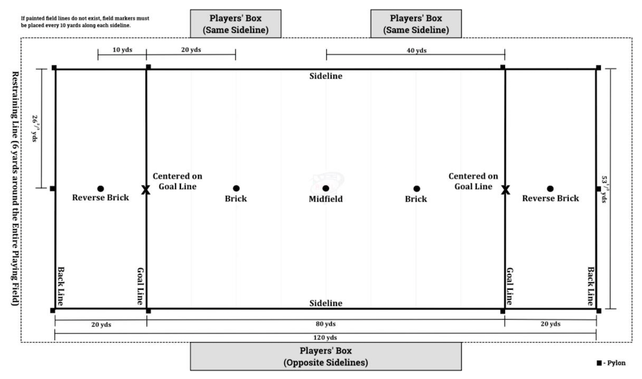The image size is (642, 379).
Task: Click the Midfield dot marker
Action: click(326, 188)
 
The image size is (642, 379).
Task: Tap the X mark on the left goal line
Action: click(146, 190)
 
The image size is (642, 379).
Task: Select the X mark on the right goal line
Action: click(505, 190)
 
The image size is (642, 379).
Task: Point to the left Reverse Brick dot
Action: click(101, 189)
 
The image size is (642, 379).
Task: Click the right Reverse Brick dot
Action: click(550, 189)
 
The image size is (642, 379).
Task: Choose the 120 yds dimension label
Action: click(325, 337)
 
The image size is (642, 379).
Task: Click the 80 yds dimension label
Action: click(326, 324)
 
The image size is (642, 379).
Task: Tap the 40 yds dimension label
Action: click(416, 50)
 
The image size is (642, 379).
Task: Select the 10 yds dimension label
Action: click(123, 50)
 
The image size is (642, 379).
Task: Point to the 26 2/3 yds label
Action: click(35, 129)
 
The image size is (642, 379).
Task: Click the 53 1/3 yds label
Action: click(605, 189)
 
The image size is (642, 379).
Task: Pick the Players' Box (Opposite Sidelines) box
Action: click(326, 357)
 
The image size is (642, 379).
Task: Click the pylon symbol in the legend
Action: click(599, 363)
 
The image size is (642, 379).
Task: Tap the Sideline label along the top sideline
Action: click(326, 76)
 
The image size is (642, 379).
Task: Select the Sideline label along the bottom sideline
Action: click(326, 303)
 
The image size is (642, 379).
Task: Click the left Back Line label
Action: click(61, 286)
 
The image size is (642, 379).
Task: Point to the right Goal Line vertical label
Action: click(509, 286)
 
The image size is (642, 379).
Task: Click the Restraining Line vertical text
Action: click(15, 189)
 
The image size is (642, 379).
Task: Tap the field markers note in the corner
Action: click(85, 22)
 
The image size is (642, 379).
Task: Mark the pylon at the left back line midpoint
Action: click(53, 189)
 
